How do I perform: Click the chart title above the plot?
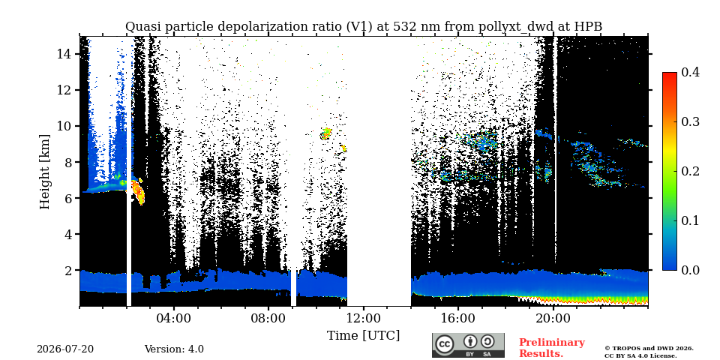364,27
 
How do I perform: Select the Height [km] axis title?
44,172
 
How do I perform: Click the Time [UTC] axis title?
363,335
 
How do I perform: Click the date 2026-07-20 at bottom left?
65,349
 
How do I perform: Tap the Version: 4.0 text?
174,349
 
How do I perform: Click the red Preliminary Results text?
552,347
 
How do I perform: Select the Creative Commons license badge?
468,345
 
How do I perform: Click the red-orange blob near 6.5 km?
138,191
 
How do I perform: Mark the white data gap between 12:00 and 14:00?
379,171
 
